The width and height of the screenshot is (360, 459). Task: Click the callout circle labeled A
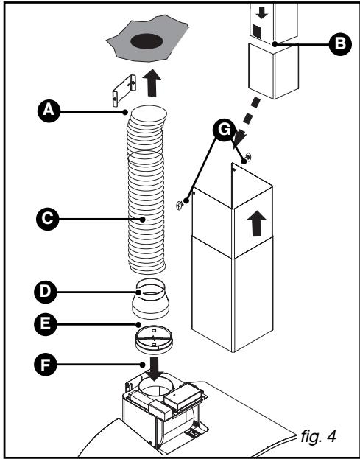49,111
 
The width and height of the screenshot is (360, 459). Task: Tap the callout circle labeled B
340,44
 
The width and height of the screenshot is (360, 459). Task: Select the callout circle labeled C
48,219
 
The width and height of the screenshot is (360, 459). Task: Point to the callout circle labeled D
46,292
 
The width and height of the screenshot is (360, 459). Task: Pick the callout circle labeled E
46,324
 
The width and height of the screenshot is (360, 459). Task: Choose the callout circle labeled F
46,365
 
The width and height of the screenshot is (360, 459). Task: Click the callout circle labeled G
224,130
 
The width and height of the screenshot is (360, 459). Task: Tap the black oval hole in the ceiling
147,41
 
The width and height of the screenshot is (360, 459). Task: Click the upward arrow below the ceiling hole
152,83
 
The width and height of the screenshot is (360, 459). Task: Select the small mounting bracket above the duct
124,90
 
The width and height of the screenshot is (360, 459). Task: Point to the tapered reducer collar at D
151,298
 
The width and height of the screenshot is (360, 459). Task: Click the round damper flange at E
154,339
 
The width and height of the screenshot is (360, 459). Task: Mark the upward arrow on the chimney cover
256,223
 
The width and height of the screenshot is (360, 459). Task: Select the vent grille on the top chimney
257,32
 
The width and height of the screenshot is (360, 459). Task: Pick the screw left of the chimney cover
180,206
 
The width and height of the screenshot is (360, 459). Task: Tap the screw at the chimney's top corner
249,158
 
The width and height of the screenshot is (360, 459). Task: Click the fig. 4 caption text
319,436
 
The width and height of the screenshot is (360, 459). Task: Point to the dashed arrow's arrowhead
239,138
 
